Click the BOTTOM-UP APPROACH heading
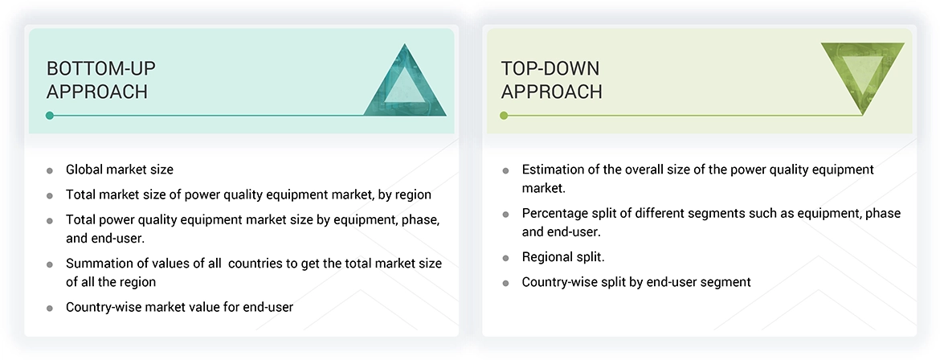point(97,80)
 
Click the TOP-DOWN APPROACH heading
point(551,80)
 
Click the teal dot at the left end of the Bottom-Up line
point(50,116)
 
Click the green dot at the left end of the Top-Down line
point(505,116)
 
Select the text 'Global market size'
point(119,170)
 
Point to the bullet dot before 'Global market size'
point(50,170)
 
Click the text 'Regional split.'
point(563,257)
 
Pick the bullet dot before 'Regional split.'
point(505,258)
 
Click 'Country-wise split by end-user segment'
point(636,282)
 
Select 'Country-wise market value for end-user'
point(179,307)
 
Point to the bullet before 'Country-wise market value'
point(50,308)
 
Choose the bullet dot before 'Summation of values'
point(50,264)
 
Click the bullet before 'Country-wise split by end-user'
point(505,283)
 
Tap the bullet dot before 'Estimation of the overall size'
point(505,170)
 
